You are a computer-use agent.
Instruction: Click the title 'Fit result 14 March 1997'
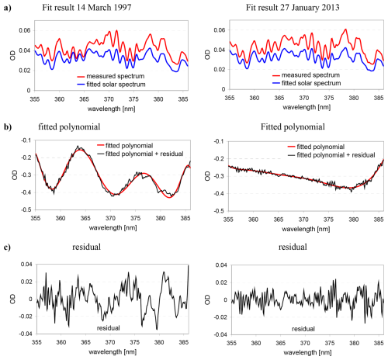pyautogui.click(x=87, y=7)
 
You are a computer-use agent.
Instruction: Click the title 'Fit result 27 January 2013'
pyautogui.click(x=293, y=7)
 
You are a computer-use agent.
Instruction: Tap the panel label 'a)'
pyautogui.click(x=8, y=8)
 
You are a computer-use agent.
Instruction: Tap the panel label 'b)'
pyautogui.click(x=8, y=127)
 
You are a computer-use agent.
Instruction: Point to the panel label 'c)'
pyautogui.click(x=8, y=247)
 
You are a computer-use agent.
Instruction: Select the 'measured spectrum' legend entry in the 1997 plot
pyautogui.click(x=111, y=76)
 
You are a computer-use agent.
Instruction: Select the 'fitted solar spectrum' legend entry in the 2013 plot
pyautogui.click(x=307, y=83)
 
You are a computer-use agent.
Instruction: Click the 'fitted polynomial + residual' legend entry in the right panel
pyautogui.click(x=331, y=155)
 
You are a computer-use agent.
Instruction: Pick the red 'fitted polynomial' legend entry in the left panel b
pyautogui.click(x=125, y=146)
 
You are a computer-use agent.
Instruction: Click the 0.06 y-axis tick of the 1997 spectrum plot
pyautogui.click(x=25, y=30)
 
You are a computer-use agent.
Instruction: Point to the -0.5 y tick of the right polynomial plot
pyautogui.click(x=219, y=211)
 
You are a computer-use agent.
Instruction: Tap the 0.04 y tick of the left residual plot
pyautogui.click(x=26, y=265)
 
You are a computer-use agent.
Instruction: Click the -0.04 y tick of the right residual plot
pyautogui.click(x=220, y=334)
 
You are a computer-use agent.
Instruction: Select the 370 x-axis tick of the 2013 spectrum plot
pyautogui.click(x=304, y=98)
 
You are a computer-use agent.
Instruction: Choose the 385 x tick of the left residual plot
pyautogui.click(x=184, y=342)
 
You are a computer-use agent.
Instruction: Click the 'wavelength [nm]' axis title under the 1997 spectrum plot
pyautogui.click(x=112, y=109)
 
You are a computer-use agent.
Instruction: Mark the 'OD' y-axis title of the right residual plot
pyautogui.click(x=207, y=299)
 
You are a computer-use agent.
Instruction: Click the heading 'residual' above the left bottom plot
pyautogui.click(x=86, y=247)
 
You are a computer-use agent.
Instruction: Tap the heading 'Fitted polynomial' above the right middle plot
pyautogui.click(x=293, y=127)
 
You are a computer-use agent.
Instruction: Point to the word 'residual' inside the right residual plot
pyautogui.click(x=303, y=329)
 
